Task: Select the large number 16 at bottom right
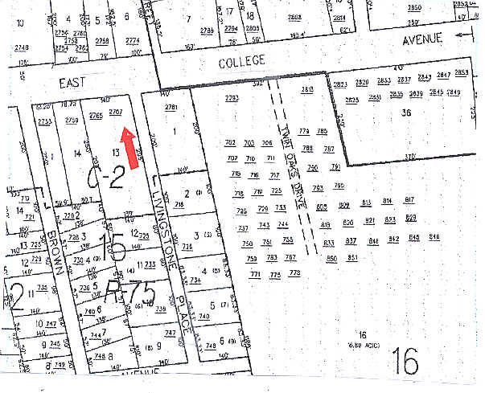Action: [406, 363]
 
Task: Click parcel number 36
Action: [406, 113]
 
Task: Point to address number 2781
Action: [170, 107]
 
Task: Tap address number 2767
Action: [115, 112]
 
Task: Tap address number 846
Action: [435, 236]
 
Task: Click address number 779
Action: [304, 131]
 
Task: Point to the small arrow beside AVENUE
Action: [461, 35]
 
